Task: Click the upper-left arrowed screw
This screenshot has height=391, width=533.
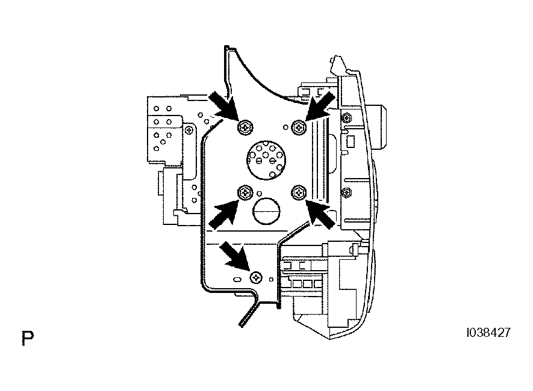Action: click(x=245, y=128)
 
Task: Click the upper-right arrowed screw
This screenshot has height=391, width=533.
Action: click(x=299, y=128)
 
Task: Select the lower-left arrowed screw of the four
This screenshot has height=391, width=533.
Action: click(x=245, y=192)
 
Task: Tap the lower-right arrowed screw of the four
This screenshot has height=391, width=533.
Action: click(x=299, y=192)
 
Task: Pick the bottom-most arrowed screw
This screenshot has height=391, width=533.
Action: click(x=256, y=278)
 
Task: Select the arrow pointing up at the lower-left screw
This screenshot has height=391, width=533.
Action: click(x=223, y=214)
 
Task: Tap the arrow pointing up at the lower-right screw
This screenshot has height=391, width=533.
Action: click(x=320, y=214)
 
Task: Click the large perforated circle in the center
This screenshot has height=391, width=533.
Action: click(x=266, y=160)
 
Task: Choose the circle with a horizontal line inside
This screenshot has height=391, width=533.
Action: click(x=266, y=211)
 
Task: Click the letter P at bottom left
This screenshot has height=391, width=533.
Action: click(x=28, y=338)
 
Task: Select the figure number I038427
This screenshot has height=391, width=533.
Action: click(x=488, y=333)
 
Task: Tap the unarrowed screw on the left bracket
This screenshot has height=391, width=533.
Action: click(x=189, y=130)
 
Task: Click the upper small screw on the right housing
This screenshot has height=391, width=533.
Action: click(x=346, y=118)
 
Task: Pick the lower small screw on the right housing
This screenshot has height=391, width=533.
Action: click(x=346, y=193)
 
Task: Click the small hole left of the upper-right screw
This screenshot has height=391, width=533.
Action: click(x=286, y=128)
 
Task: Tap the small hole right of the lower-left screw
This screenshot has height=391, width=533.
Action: click(x=260, y=194)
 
